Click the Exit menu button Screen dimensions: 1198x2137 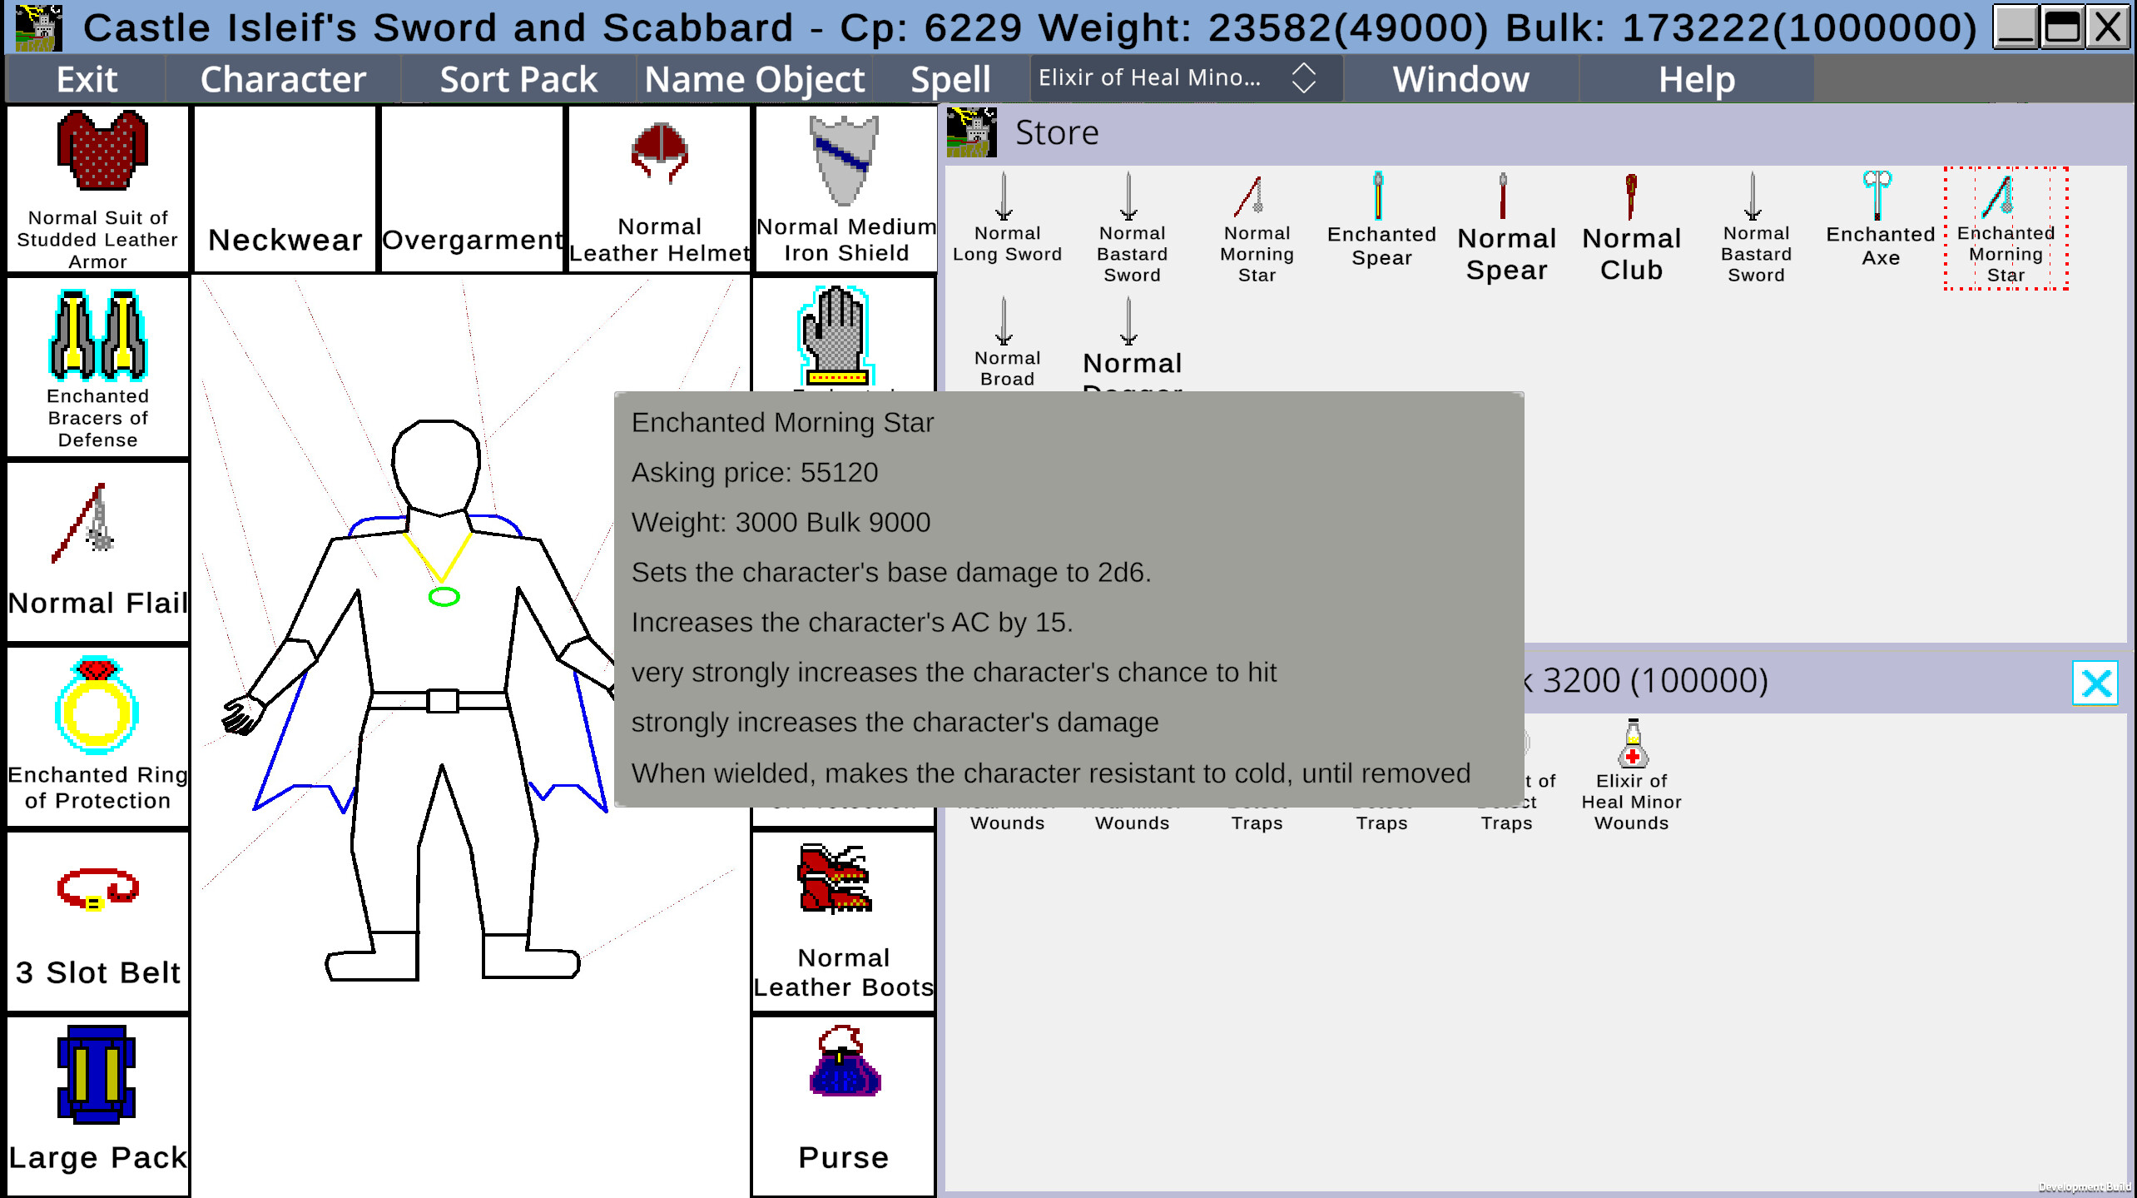tap(87, 80)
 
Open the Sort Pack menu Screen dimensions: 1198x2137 tap(518, 80)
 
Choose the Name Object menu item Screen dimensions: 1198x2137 tap(754, 80)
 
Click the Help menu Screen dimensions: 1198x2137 tap(1696, 80)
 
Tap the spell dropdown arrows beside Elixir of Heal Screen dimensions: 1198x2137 tap(1303, 78)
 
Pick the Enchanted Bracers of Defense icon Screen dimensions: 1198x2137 tap(98, 335)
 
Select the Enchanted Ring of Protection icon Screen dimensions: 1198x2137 tap(97, 706)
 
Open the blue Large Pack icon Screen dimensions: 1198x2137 tap(97, 1074)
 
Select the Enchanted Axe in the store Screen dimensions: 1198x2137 tap(1877, 195)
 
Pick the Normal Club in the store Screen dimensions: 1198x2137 tap(1631, 196)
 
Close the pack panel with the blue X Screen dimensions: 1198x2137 tap(2094, 684)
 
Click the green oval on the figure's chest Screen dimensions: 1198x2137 tap(444, 597)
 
